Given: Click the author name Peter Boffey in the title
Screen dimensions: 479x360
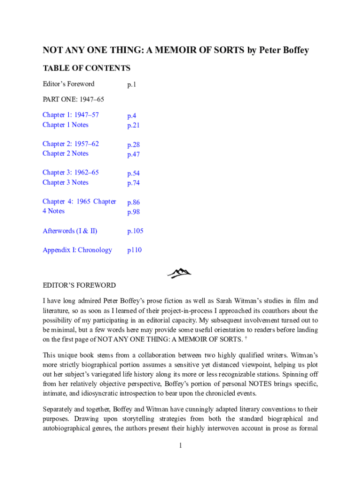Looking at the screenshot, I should click(x=284, y=50).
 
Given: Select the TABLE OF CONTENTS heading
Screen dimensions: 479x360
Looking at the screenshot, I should click(x=86, y=68).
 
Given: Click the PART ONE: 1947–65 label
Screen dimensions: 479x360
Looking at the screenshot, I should click(x=73, y=99).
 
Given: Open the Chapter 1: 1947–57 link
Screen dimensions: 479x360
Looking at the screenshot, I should click(x=71, y=115).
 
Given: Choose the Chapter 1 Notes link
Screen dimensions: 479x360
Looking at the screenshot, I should click(x=65, y=124).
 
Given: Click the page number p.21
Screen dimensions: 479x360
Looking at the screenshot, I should click(x=133, y=125).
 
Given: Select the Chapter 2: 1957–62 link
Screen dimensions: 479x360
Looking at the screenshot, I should click(x=71, y=144).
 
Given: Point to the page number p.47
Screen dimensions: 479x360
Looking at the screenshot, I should click(x=133, y=154).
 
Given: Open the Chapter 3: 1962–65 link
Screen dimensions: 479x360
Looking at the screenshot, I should click(x=71, y=173).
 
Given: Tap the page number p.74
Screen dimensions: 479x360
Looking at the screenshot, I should click(x=133, y=183).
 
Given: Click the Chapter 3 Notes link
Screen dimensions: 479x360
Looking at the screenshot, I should click(x=65, y=182).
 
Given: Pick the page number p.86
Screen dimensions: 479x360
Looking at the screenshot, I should click(x=133, y=203).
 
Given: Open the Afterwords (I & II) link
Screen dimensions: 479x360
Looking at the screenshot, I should click(x=70, y=231).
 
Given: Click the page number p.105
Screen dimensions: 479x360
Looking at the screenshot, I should click(x=135, y=231).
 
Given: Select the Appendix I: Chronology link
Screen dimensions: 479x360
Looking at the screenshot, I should click(x=77, y=250).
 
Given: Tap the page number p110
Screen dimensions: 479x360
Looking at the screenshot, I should click(x=134, y=250).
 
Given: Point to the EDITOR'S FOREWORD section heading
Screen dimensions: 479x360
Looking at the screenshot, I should click(x=79, y=285).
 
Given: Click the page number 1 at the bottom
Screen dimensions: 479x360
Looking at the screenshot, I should click(x=180, y=446).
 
